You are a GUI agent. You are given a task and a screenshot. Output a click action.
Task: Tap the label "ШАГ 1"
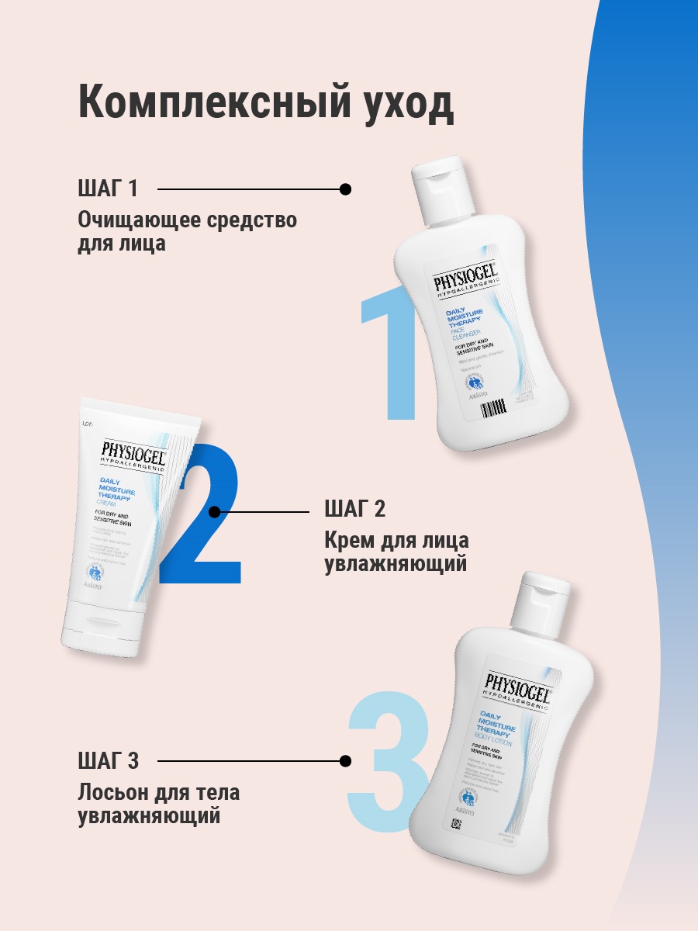pyautogui.click(x=108, y=189)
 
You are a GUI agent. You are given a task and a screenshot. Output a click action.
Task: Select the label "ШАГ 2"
pyautogui.click(x=354, y=510)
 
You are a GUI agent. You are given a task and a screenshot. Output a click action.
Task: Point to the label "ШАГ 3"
pyautogui.click(x=109, y=761)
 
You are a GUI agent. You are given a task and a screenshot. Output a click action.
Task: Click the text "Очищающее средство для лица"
pyautogui.click(x=187, y=231)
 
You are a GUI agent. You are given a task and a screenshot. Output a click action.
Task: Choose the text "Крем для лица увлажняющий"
pyautogui.click(x=396, y=551)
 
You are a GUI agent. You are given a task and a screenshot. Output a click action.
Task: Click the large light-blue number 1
pyautogui.click(x=392, y=357)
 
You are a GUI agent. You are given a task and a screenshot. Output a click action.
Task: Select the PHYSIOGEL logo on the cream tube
pyautogui.click(x=133, y=451)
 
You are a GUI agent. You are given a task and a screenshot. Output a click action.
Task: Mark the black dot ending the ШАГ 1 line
pyautogui.click(x=346, y=189)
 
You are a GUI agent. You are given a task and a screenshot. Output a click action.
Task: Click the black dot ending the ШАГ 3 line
pyautogui.click(x=346, y=761)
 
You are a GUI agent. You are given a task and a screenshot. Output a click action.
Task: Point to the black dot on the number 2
pyautogui.click(x=215, y=511)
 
